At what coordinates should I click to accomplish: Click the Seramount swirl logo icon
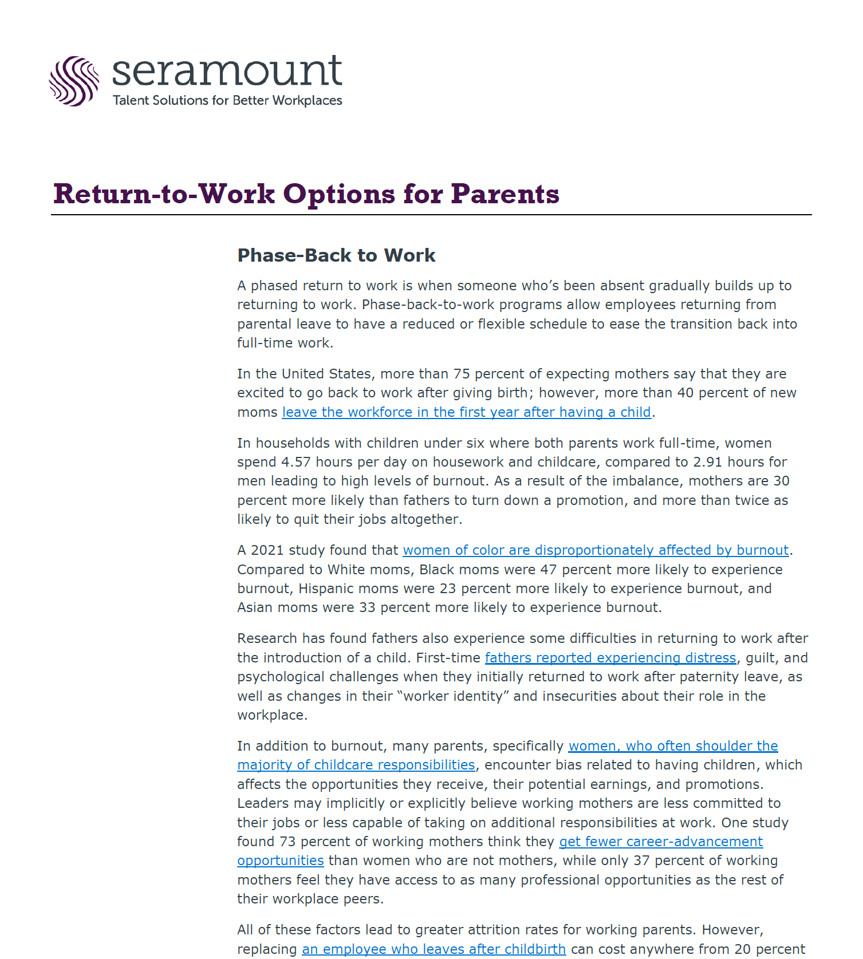click(74, 81)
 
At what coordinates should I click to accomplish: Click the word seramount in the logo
click(227, 72)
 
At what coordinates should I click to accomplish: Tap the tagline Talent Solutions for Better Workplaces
click(227, 101)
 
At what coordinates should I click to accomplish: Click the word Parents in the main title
click(505, 194)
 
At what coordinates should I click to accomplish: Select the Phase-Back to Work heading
click(336, 255)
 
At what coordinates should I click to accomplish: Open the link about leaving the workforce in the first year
click(466, 412)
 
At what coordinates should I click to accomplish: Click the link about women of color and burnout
click(596, 550)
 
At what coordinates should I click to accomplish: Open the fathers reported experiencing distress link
click(610, 658)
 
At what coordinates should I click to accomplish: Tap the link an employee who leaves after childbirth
click(434, 949)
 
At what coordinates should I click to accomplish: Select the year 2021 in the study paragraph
click(267, 550)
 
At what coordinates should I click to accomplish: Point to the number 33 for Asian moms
click(367, 607)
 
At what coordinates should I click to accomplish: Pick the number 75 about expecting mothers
click(462, 374)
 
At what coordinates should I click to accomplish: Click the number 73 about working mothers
click(287, 842)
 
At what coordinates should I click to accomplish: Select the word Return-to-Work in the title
click(164, 194)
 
